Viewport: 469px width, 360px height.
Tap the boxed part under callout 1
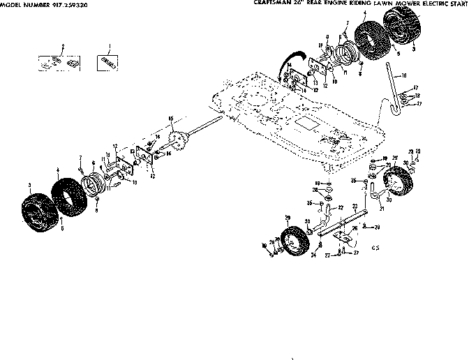[x=107, y=61]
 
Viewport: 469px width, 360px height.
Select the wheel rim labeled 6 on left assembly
[x=92, y=187]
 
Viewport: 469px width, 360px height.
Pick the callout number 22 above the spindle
[x=341, y=207]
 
